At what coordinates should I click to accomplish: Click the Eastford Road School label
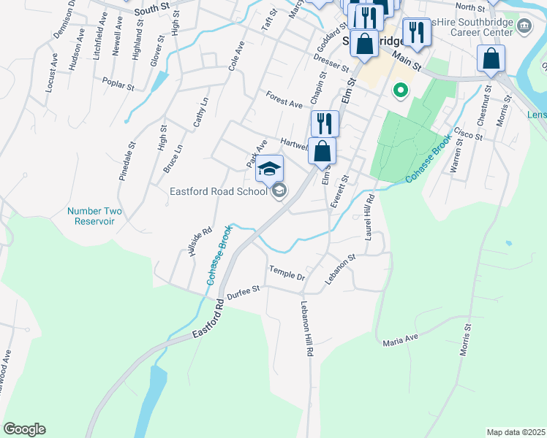point(218,192)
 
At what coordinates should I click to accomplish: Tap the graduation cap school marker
point(269,169)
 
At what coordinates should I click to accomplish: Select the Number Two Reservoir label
point(94,216)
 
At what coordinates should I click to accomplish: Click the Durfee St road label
point(243,292)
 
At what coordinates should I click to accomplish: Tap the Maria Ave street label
point(400,339)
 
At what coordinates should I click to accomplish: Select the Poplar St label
point(118,84)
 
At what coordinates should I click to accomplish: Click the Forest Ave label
point(284,100)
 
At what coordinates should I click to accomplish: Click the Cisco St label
point(468,134)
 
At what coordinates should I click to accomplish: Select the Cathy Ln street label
point(200,112)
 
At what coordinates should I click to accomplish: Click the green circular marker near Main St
point(399,91)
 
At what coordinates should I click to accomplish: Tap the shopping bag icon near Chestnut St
point(491,58)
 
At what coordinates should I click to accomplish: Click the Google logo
point(24,429)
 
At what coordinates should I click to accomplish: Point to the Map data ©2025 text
point(515,432)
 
